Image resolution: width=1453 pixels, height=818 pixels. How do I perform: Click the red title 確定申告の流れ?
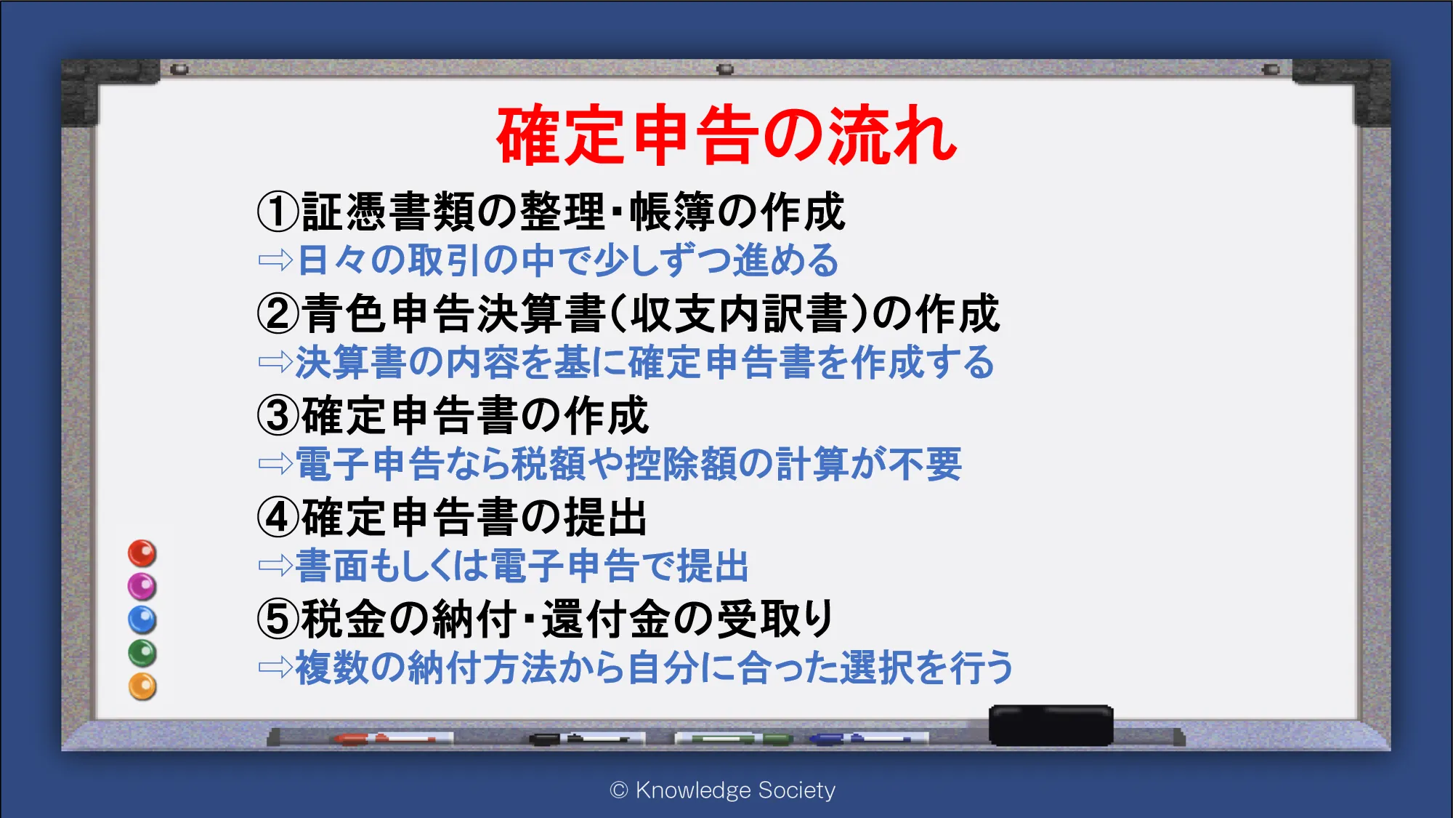[x=727, y=135]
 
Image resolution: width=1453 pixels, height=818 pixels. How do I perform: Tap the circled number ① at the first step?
[x=278, y=212]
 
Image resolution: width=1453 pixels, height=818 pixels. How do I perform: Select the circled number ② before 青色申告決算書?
[x=278, y=313]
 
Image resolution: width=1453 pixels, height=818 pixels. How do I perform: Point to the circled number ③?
[x=278, y=415]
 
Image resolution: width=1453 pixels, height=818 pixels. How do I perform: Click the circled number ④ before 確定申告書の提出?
[x=278, y=517]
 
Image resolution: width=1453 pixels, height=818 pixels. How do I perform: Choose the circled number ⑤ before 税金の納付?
[x=278, y=619]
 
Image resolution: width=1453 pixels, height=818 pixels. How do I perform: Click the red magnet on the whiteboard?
[x=142, y=553]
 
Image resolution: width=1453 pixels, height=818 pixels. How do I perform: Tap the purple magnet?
[x=142, y=586]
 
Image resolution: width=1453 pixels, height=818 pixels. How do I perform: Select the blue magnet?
[x=142, y=619]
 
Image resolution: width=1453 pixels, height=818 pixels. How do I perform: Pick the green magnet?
[x=142, y=653]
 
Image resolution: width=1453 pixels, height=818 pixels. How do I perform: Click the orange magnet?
[x=142, y=686]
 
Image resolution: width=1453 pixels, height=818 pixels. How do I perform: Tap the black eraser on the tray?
[x=1051, y=725]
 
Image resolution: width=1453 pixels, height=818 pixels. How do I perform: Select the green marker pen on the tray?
[x=733, y=739]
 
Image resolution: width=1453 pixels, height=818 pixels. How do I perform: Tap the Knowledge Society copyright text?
[x=723, y=790]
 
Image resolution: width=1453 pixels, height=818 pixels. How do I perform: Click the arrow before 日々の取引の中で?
[x=275, y=260]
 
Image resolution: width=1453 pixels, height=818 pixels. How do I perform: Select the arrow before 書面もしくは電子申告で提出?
[x=275, y=566]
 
